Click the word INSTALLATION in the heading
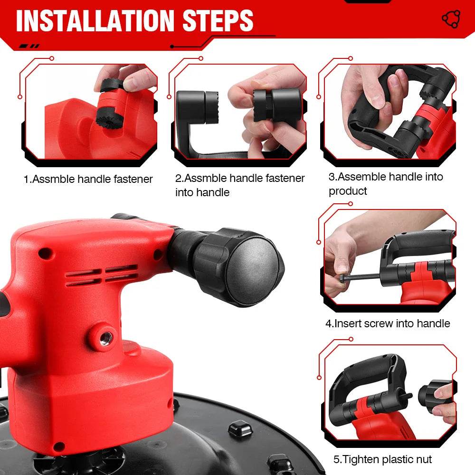pyautogui.click(x=95, y=20)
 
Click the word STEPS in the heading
pyautogui.click(x=218, y=20)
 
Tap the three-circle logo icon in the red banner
pyautogui.click(x=451, y=19)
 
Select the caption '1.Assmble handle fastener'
pyautogui.click(x=88, y=179)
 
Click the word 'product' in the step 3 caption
pyautogui.click(x=348, y=191)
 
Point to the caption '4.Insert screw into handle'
pyautogui.click(x=388, y=323)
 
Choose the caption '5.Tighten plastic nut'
pyautogui.click(x=382, y=459)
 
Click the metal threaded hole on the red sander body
pyautogui.click(x=106, y=338)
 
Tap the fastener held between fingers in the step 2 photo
pyautogui.click(x=277, y=105)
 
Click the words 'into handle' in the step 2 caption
pyautogui.click(x=202, y=192)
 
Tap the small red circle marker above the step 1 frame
pyautogui.click(x=52, y=58)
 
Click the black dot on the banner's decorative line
pyautogui.click(x=172, y=47)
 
